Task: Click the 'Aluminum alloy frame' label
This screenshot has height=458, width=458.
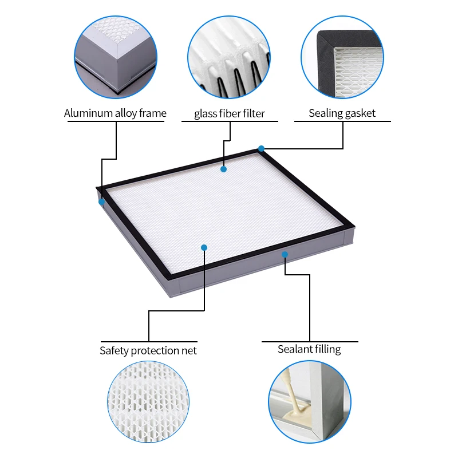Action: (115, 113)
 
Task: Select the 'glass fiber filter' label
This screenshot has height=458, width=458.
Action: (229, 113)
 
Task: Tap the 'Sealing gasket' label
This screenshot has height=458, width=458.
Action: (342, 113)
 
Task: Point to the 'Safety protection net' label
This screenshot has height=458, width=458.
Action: (148, 350)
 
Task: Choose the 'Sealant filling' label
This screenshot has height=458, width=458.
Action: (309, 349)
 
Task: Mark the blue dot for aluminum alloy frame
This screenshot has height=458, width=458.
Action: (102, 202)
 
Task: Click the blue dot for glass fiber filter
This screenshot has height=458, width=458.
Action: (223, 169)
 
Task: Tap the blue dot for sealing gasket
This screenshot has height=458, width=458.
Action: (261, 149)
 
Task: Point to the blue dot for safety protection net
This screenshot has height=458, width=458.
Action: (204, 247)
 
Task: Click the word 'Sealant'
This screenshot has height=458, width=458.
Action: (294, 349)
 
